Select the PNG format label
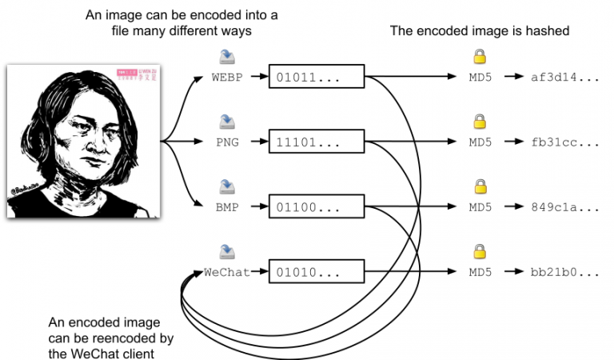click(x=229, y=143)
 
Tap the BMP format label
click(x=229, y=207)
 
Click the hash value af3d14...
click(x=564, y=78)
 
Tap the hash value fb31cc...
click(x=564, y=143)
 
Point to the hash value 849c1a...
click(x=564, y=207)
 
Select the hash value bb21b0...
click(x=564, y=272)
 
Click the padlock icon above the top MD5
click(x=480, y=57)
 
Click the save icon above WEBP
click(x=227, y=57)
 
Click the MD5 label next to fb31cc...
click(x=480, y=143)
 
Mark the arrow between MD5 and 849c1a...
click(x=512, y=207)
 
